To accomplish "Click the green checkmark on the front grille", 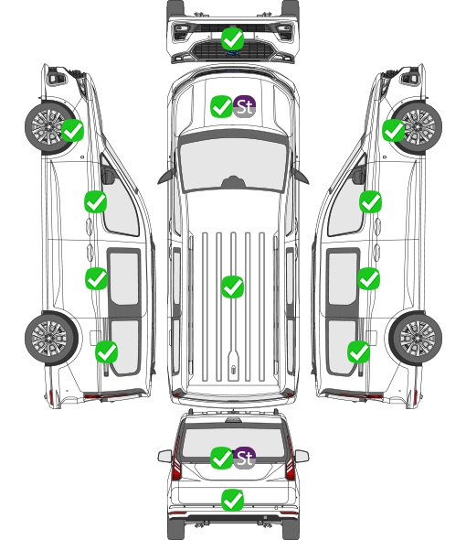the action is [233, 39].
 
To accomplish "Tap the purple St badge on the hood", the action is [245, 106].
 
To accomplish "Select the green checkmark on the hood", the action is [221, 106].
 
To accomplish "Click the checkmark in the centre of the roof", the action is [233, 286].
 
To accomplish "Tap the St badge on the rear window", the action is [245, 458].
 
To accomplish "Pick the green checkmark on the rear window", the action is [221, 458].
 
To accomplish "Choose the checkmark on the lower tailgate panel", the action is [233, 500].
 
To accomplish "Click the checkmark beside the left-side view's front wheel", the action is [72, 130].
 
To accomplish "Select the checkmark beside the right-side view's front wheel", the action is [394, 130].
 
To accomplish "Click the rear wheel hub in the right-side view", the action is [418, 339].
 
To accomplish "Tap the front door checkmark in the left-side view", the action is [96, 201].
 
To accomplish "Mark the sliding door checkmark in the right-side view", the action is [369, 278].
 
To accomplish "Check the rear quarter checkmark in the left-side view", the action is [107, 351].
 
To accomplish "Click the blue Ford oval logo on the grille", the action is [233, 53].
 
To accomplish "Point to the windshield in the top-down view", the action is [233, 164].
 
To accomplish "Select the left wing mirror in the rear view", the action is [165, 457].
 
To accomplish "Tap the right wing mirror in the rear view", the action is [302, 457].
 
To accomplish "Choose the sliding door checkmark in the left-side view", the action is [96, 278].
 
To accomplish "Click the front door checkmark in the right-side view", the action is [370, 201].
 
